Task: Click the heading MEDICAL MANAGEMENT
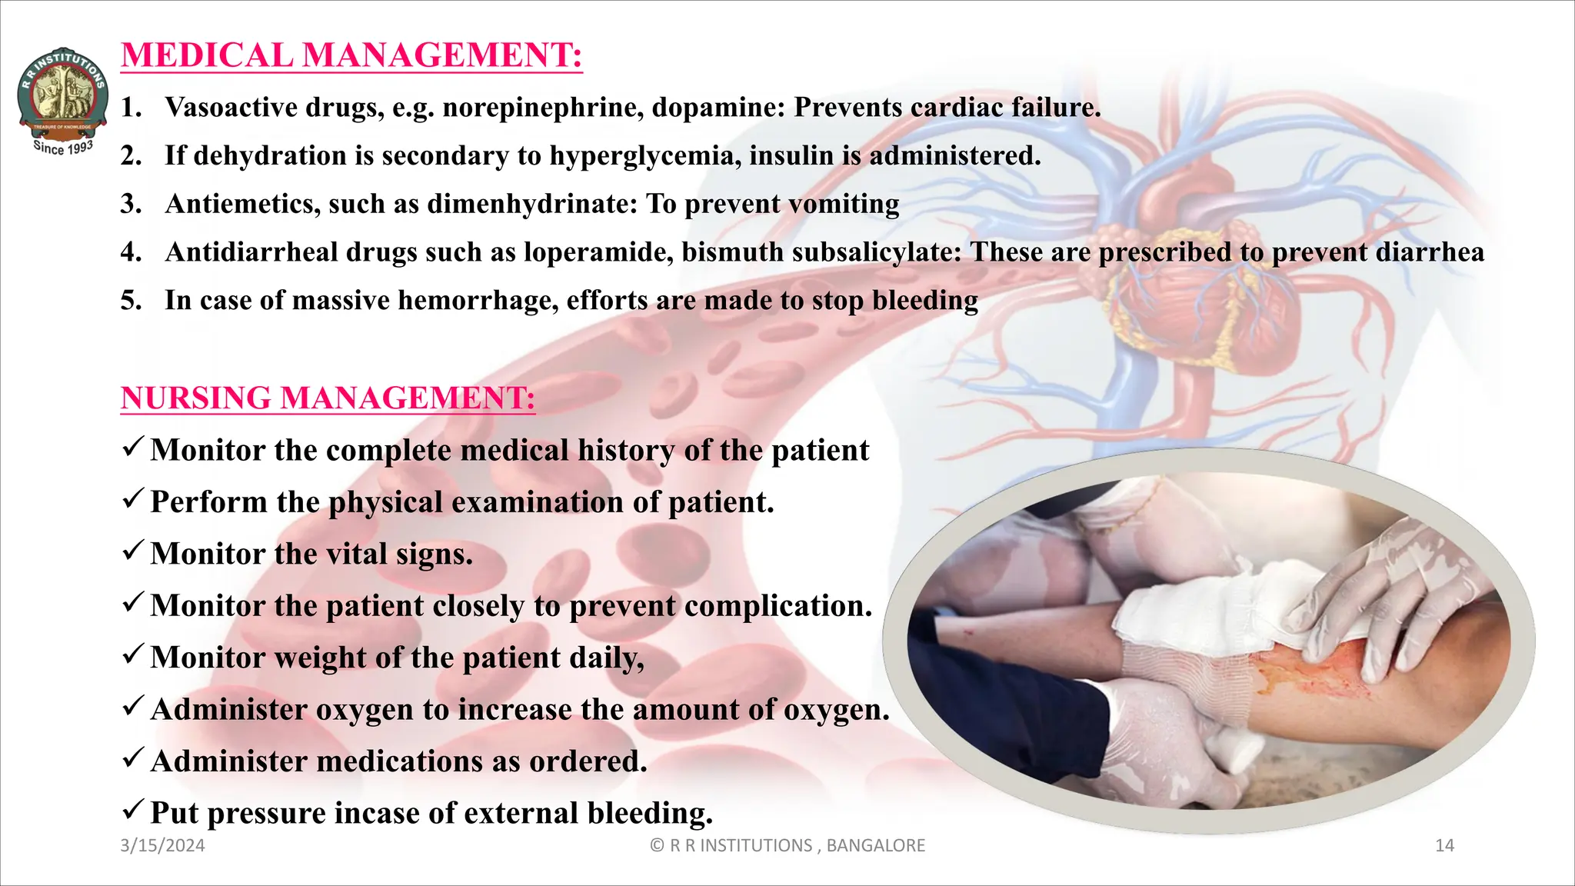351,55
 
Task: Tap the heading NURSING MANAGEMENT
328,398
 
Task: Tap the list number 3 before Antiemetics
130,205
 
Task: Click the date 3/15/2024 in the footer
163,846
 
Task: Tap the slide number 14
1444,846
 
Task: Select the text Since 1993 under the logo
63,147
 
